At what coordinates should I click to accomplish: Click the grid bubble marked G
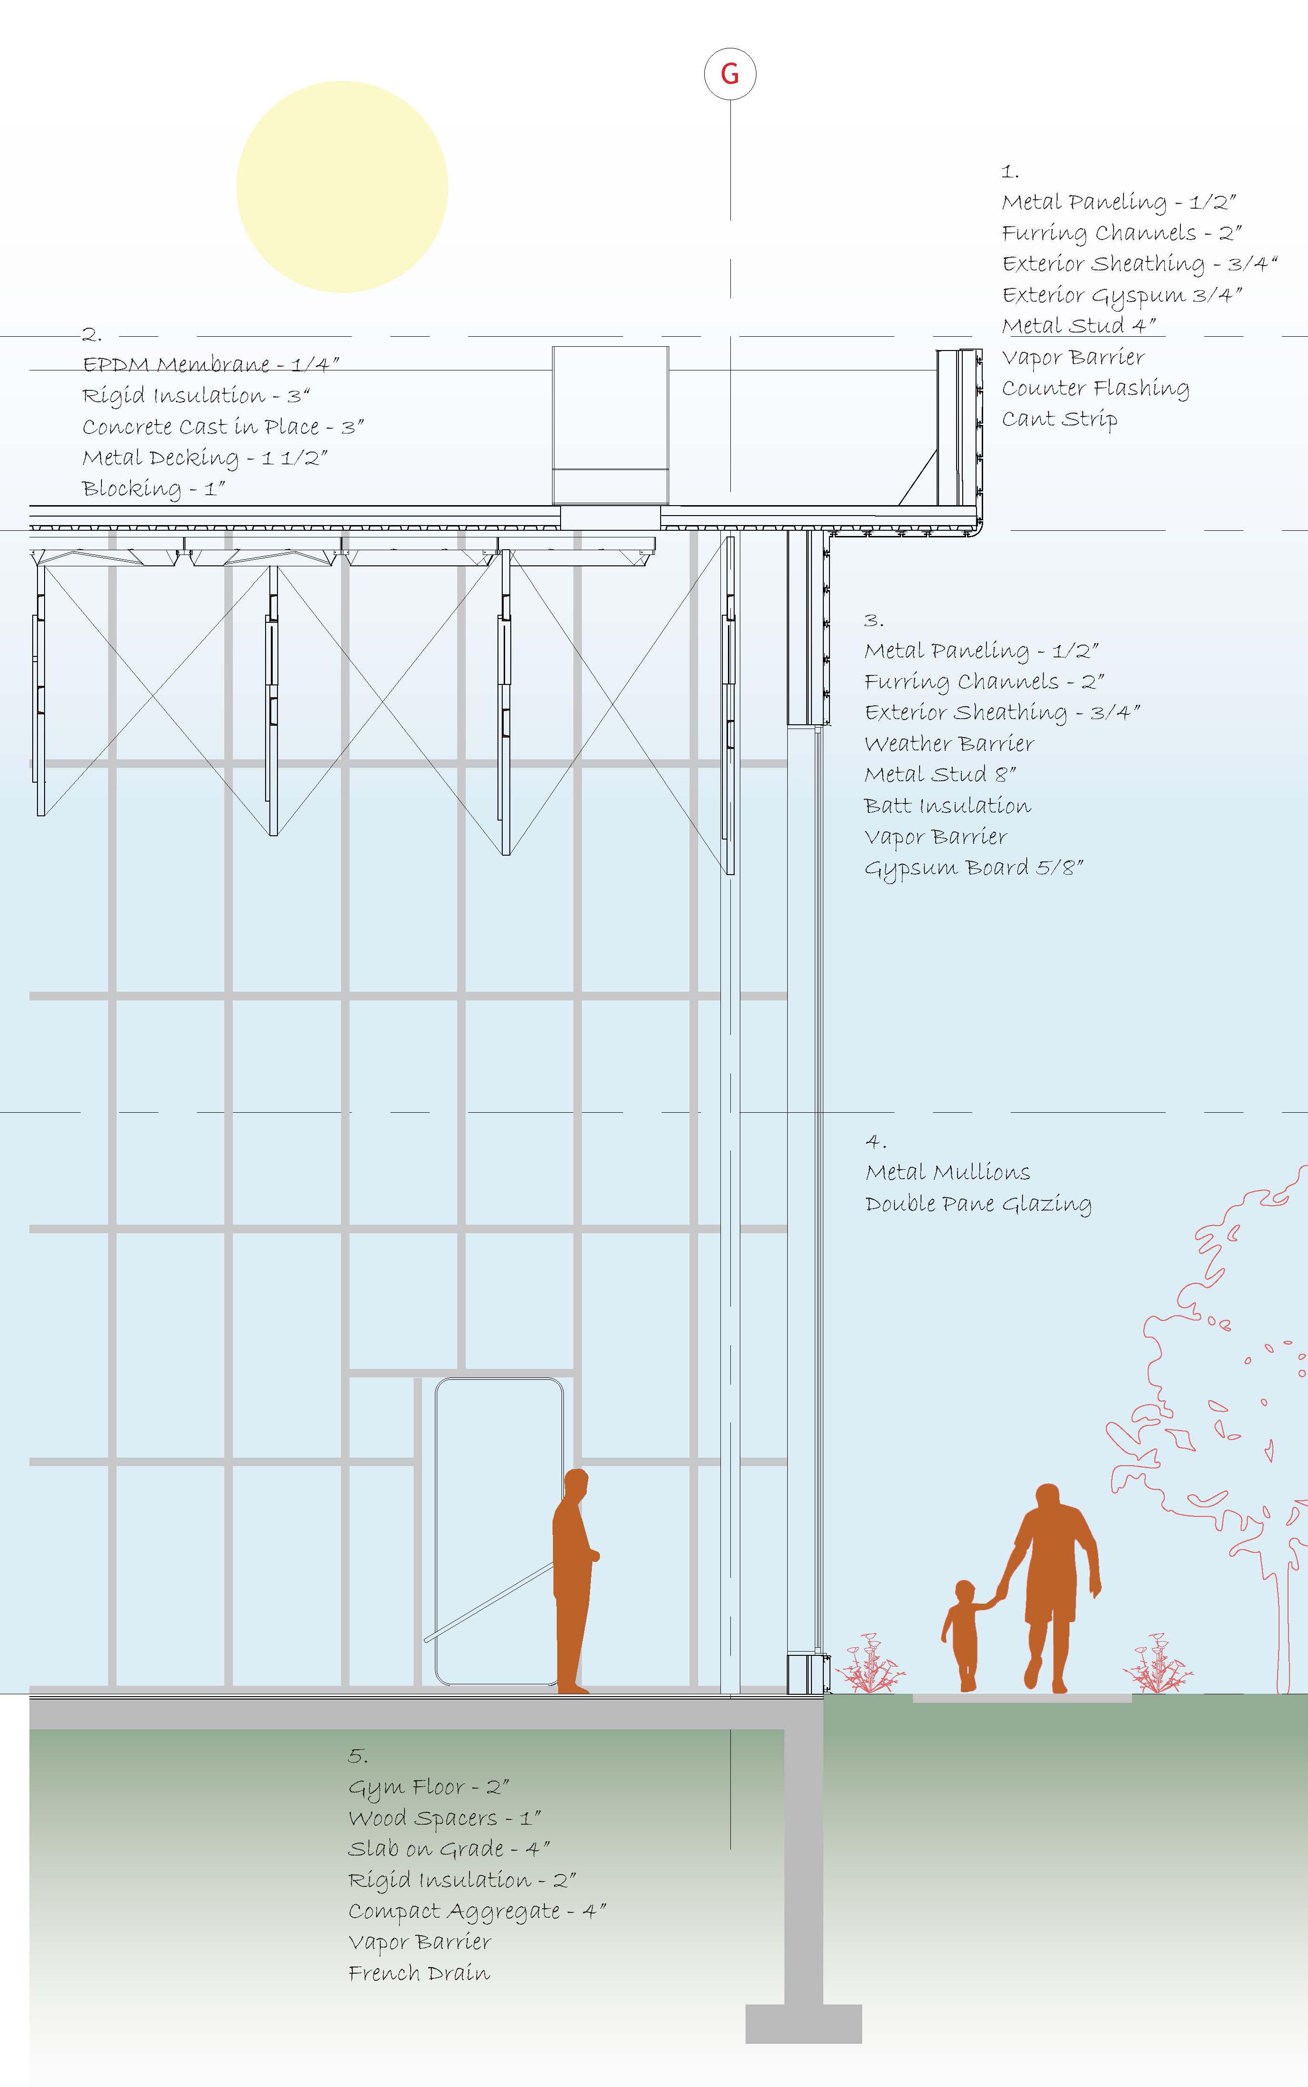(x=730, y=74)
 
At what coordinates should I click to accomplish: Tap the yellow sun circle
(x=342, y=186)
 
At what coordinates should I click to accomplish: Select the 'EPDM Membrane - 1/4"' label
(x=210, y=364)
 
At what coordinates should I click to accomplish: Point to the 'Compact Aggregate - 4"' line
(x=477, y=1912)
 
